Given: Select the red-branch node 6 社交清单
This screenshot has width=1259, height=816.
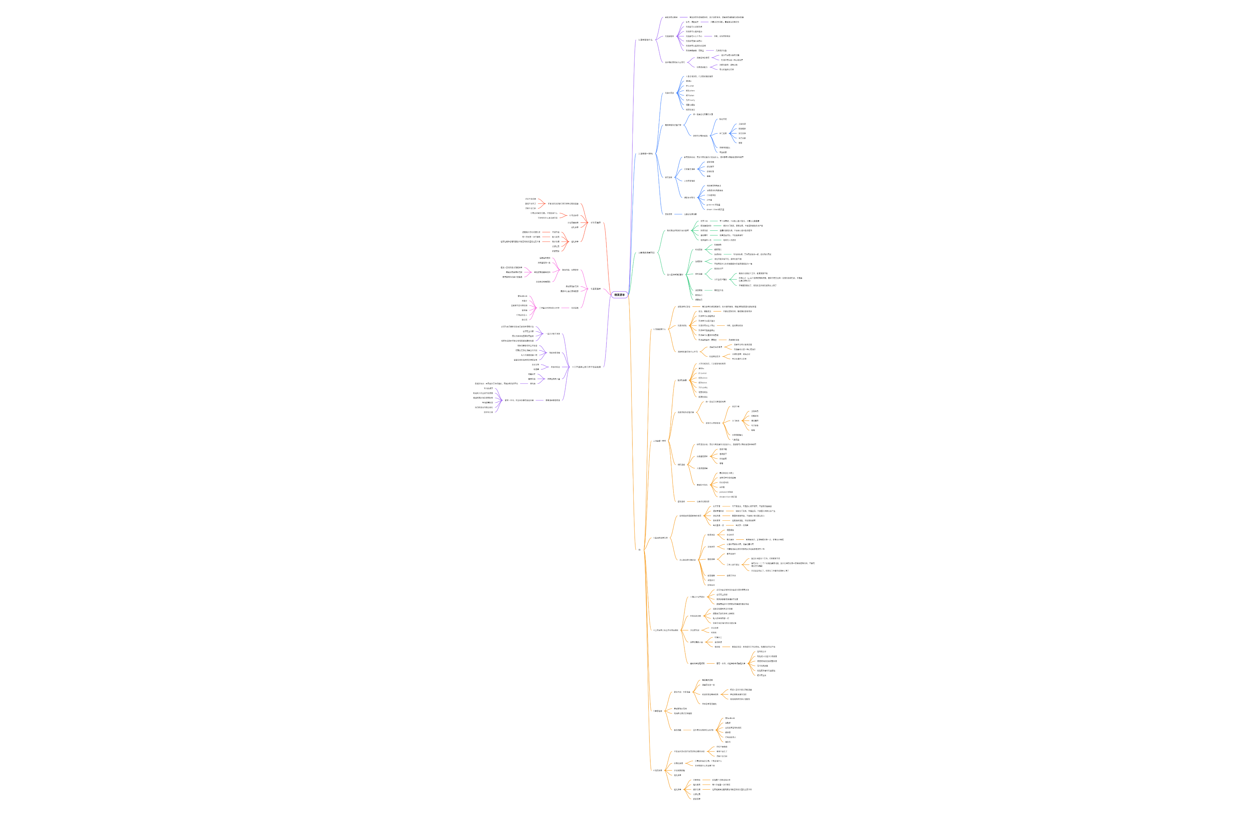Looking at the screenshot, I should [x=595, y=223].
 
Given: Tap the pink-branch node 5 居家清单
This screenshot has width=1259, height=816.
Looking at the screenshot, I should [x=595, y=289].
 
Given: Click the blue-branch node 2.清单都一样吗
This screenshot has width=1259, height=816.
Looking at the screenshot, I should [x=645, y=154].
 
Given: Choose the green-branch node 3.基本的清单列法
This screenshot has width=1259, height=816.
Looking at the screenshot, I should [x=646, y=253].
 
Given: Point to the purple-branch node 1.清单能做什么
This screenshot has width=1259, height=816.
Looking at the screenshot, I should [x=645, y=40].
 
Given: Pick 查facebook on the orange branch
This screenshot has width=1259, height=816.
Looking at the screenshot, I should [x=730, y=718].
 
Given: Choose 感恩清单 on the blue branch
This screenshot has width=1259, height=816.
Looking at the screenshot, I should [x=669, y=214].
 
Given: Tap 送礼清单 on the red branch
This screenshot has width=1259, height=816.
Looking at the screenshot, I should [x=574, y=242].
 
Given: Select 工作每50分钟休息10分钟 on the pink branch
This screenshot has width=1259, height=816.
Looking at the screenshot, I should [x=549, y=308].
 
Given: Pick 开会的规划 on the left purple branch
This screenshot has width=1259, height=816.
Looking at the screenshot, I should [x=555, y=367].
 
